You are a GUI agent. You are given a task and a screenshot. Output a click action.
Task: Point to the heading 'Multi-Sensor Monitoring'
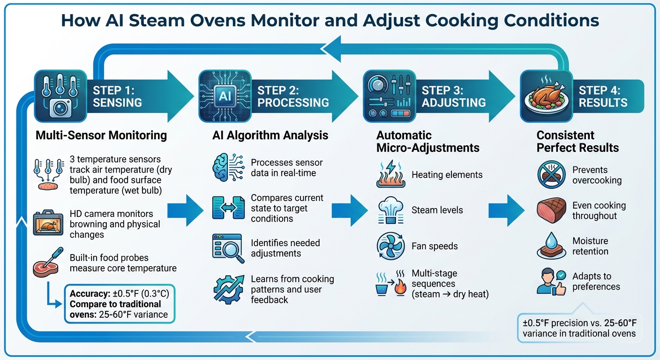click(101, 135)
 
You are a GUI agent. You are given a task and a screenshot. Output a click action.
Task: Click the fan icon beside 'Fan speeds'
click(390, 246)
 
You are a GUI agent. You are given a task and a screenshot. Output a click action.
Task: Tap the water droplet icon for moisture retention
click(552, 246)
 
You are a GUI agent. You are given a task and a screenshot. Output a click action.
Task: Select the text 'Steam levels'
click(437, 210)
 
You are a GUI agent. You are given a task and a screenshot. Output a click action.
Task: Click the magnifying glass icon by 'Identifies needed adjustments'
click(228, 248)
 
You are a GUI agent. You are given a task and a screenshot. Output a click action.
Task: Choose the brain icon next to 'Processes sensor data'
click(228, 168)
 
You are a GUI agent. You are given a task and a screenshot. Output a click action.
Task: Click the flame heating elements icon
click(390, 175)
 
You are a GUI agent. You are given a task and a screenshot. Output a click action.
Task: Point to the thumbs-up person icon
click(552, 281)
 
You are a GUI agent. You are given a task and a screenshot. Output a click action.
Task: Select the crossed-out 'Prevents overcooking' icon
click(552, 175)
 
